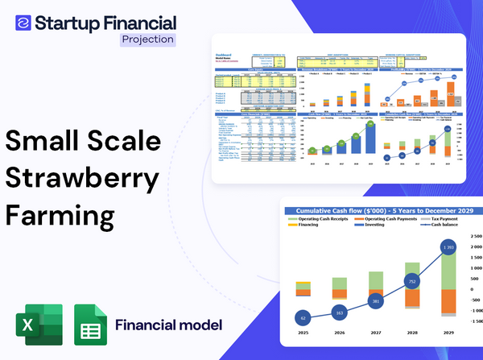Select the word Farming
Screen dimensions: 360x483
click(60, 216)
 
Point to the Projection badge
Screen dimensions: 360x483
click(147, 39)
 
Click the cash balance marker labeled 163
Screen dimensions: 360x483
click(339, 312)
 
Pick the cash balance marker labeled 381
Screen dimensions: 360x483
click(376, 301)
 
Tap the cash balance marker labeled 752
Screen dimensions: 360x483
click(412, 282)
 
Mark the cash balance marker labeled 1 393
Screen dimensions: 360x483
click(449, 246)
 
